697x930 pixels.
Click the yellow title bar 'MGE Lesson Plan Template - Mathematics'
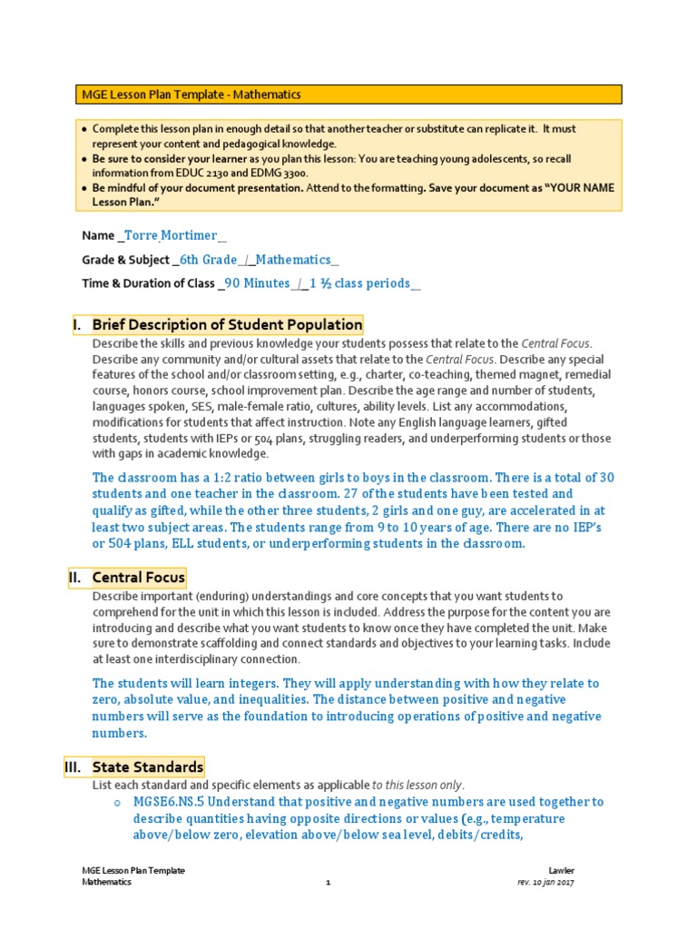pos(348,94)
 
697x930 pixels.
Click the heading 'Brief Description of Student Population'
pos(227,325)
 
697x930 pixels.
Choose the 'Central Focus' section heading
pos(138,577)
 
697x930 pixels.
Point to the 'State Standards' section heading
pos(147,767)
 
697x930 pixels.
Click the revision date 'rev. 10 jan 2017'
pos(545,883)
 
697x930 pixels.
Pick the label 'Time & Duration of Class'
pos(148,283)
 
